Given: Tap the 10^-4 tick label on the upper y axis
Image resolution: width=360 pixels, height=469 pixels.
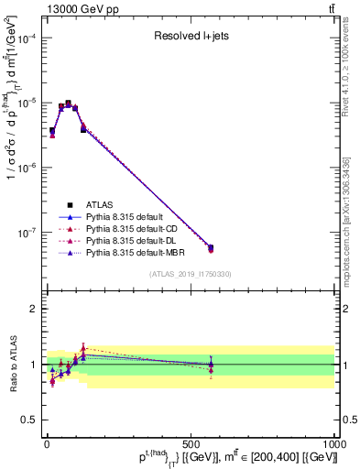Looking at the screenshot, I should coord(24,38).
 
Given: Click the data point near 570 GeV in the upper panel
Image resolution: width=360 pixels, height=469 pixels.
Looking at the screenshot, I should coord(211,247).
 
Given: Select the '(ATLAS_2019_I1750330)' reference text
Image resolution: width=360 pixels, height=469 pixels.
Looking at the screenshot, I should coord(190,274).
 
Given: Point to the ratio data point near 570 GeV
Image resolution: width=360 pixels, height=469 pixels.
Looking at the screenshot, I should coord(211,365).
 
